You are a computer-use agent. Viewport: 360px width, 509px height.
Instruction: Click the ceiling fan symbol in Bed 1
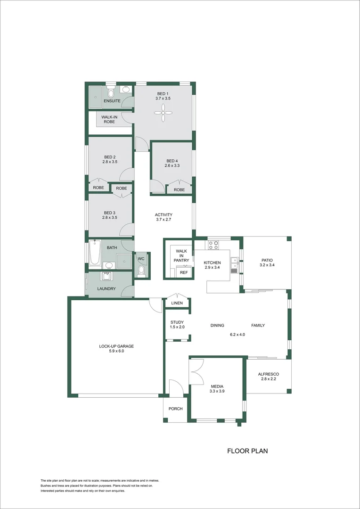(x=164, y=110)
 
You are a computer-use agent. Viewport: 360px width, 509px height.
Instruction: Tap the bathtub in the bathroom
(x=95, y=254)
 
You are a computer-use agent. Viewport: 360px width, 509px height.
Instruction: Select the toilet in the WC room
(x=141, y=271)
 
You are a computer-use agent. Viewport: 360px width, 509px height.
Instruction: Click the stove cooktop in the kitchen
(x=213, y=245)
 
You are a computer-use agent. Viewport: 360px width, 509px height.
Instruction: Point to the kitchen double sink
(x=234, y=265)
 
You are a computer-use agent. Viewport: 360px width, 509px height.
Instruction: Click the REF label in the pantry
(x=184, y=272)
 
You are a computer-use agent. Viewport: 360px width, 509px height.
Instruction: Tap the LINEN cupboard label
(x=177, y=303)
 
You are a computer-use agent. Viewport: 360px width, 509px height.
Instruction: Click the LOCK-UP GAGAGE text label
(x=116, y=346)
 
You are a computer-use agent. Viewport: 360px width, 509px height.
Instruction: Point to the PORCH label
(x=175, y=409)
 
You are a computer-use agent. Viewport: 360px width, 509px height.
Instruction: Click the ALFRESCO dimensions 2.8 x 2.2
(x=268, y=379)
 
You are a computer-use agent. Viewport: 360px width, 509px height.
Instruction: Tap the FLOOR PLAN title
(x=247, y=451)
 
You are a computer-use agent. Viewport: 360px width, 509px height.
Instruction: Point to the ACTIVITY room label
(x=164, y=215)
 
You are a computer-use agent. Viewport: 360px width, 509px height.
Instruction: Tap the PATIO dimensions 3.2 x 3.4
(x=267, y=265)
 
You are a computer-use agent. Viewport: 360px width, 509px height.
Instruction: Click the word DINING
(x=217, y=325)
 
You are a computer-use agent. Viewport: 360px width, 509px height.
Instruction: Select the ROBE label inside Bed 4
(x=179, y=189)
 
